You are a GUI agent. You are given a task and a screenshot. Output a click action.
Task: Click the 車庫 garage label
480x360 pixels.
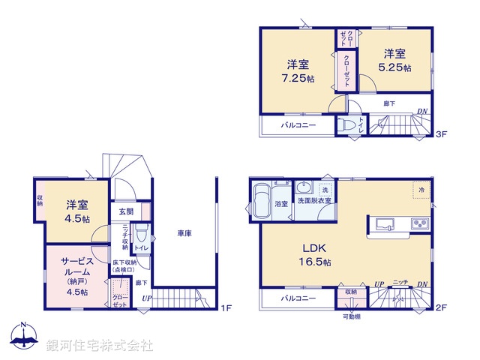pos(184,235)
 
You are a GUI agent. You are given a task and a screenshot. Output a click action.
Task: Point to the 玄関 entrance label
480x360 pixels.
pos(125,211)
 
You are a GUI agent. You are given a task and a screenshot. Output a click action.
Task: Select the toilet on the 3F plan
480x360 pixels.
pos(346,127)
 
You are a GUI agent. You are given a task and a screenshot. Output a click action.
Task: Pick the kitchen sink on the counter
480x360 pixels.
pos(383,223)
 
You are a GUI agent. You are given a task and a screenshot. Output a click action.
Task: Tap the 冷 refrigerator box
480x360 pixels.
pos(421,191)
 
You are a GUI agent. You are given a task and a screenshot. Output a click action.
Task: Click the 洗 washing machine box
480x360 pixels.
pos(325,188)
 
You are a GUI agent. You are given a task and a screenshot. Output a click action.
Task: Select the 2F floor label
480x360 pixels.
pos(441,307)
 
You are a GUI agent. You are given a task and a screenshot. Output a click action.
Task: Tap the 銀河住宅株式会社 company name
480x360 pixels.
pos(100,345)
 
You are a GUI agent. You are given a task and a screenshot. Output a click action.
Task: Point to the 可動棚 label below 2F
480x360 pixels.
pos(352,316)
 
